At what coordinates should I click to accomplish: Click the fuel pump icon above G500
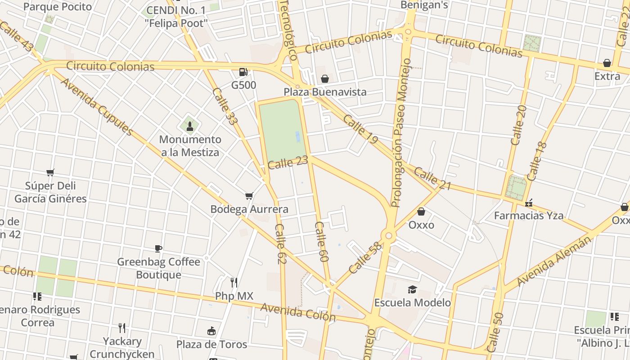243,72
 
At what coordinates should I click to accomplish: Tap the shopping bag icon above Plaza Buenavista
324,79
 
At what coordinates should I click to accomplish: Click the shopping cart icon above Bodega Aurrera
249,196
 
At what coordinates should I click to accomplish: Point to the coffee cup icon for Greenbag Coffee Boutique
158,248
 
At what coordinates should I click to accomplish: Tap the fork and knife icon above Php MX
234,283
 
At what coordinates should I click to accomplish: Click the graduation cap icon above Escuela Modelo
412,289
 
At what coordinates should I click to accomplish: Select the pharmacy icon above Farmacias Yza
529,203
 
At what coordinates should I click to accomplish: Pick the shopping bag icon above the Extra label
607,63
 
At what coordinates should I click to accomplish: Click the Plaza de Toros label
211,344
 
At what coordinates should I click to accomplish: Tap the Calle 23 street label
288,162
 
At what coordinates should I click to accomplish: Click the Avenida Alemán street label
554,261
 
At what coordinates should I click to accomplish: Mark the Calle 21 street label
432,178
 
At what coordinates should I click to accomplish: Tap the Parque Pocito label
57,7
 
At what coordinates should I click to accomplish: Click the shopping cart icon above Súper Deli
50,172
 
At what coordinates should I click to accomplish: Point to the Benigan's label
425,5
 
